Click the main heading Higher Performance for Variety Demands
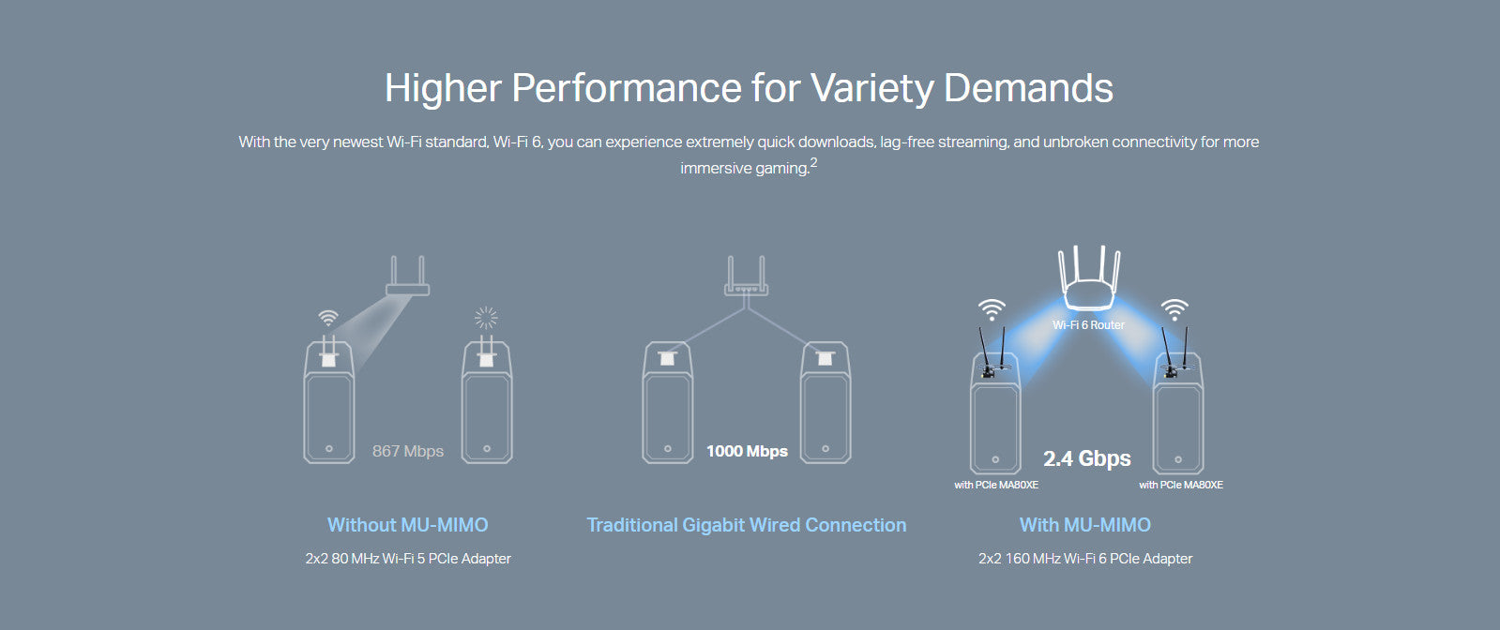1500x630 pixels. pos(749,88)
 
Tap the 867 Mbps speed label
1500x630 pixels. pos(408,451)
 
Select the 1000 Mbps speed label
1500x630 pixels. pos(747,451)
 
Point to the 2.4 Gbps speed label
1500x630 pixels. pos(1087,458)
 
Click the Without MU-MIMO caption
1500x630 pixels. pos(408,525)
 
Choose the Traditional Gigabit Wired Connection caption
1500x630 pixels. pos(747,525)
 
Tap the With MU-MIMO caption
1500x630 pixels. pos(1085,525)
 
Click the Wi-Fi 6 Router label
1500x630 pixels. pos(1089,324)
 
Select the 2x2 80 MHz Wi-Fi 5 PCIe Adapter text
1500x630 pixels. pos(408,559)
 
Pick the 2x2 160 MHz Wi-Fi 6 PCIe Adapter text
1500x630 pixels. pos(1085,559)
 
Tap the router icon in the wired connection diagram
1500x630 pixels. pos(746,276)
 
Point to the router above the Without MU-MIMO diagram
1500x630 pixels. pos(408,276)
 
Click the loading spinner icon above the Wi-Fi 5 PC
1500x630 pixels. pos(486,318)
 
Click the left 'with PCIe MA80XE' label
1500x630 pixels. pos(996,485)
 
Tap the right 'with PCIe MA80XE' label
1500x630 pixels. pos(1181,485)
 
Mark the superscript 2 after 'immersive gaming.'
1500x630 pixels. pos(813,162)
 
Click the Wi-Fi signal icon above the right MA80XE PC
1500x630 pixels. pos(1174,310)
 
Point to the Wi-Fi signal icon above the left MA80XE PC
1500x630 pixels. pos(992,310)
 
